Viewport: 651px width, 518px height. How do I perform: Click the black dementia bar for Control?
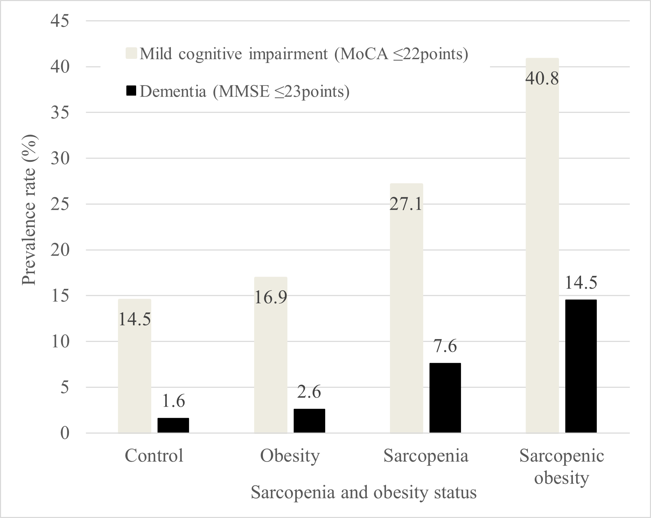pos(173,425)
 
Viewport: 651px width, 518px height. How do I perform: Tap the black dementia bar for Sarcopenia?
pos(445,398)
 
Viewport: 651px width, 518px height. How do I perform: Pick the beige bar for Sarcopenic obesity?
pos(542,246)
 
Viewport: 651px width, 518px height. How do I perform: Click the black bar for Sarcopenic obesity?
pos(581,366)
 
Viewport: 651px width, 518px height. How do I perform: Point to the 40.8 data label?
pos(542,78)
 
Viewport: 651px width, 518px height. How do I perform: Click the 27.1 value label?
pos(406,204)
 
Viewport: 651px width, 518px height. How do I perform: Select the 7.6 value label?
pos(445,346)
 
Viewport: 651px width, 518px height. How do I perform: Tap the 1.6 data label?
pos(174,401)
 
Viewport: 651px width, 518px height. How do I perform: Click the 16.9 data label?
pos(271,297)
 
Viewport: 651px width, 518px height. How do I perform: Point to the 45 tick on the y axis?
pos(60,21)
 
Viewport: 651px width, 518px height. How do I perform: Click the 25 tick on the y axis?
pos(60,204)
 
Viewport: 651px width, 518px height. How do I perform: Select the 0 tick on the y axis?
pos(65,433)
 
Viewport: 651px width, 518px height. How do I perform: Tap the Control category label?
pos(154,456)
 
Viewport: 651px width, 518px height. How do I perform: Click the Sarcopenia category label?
pos(426,456)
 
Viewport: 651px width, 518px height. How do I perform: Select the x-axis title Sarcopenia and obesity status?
pos(364,492)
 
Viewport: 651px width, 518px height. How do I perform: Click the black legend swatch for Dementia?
pos(131,91)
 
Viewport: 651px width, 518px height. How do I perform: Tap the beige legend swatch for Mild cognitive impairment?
pos(131,54)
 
